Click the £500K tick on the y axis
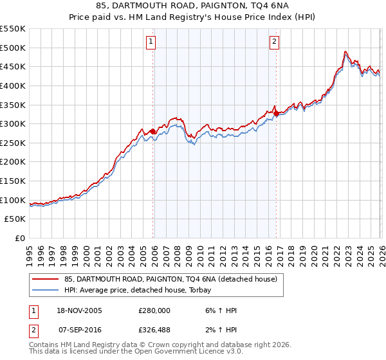coord(13,48)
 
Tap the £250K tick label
coord(13,143)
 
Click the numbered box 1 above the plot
coord(151,42)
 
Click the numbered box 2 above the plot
coord(275,42)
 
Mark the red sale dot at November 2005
coord(152,131)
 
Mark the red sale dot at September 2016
coord(276,114)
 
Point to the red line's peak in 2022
coord(345,51)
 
